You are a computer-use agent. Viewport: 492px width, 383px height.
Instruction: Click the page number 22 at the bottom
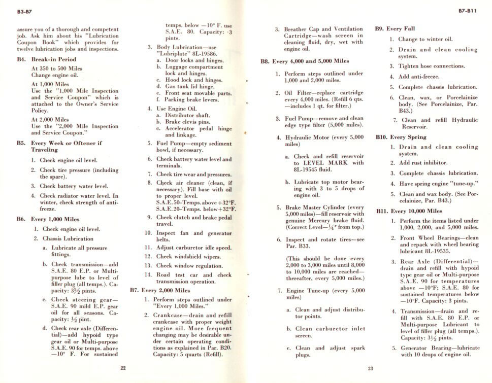(123, 368)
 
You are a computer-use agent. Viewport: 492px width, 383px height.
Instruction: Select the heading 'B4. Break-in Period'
(47, 59)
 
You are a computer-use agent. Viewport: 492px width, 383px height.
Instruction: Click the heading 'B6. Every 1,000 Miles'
(48, 219)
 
